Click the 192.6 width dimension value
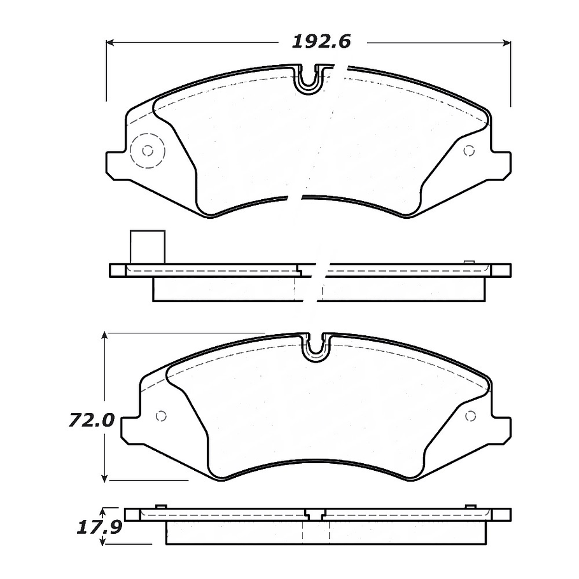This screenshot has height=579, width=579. [x=321, y=42]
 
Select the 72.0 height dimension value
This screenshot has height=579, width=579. [x=92, y=421]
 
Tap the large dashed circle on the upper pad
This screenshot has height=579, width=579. [x=147, y=151]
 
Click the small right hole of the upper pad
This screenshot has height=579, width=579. [x=470, y=151]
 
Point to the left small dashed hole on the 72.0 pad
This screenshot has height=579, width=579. [x=160, y=416]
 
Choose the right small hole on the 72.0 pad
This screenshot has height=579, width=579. [x=471, y=416]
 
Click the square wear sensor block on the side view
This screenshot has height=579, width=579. [x=146, y=246]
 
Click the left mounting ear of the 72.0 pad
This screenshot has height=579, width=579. [x=130, y=430]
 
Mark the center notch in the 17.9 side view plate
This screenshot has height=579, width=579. [x=314, y=513]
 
